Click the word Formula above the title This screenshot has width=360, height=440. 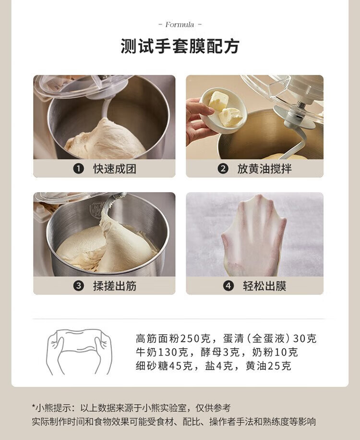(180, 24)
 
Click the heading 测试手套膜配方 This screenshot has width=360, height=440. (180, 46)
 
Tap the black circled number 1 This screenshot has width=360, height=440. (79, 169)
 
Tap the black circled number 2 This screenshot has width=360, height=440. (223, 169)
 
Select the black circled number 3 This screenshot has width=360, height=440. (79, 286)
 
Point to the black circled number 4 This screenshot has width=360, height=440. (228, 286)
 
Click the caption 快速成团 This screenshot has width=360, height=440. (115, 169)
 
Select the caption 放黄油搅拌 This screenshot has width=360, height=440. (264, 169)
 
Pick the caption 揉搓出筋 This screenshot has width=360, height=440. (115, 286)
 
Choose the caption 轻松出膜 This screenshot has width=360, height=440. (264, 286)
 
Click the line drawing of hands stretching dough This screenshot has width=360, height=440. (79, 352)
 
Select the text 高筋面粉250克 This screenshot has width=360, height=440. (173, 339)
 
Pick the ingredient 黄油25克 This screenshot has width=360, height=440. (268, 366)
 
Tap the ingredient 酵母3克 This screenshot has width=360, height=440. (220, 352)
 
